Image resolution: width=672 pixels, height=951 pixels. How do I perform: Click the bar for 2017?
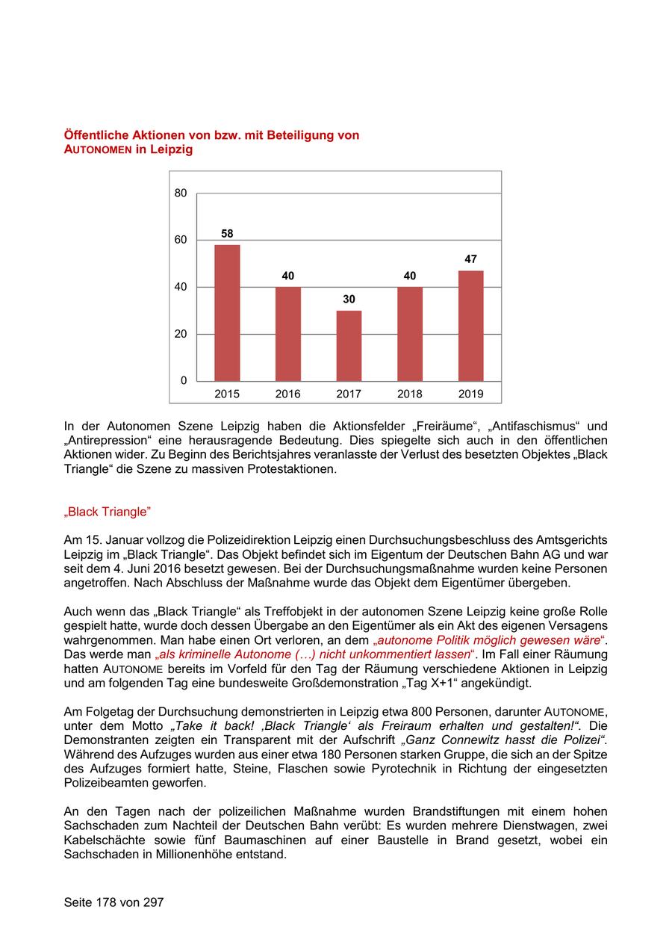(x=349, y=345)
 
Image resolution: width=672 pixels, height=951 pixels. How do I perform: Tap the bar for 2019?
(x=470, y=326)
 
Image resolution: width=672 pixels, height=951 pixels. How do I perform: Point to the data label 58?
(x=227, y=234)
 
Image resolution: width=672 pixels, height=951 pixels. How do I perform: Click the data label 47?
(x=470, y=259)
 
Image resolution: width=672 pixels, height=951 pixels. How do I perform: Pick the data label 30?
(x=349, y=299)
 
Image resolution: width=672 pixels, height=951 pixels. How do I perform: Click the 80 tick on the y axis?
(x=181, y=193)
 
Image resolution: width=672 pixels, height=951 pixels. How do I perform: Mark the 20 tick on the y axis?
(x=181, y=334)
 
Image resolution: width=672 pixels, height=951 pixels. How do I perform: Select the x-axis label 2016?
(x=288, y=394)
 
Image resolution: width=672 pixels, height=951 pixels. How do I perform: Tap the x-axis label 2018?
(x=409, y=394)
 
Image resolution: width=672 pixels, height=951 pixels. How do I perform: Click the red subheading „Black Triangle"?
(x=108, y=512)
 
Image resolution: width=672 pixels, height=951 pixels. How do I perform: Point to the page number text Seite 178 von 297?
(x=113, y=902)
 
